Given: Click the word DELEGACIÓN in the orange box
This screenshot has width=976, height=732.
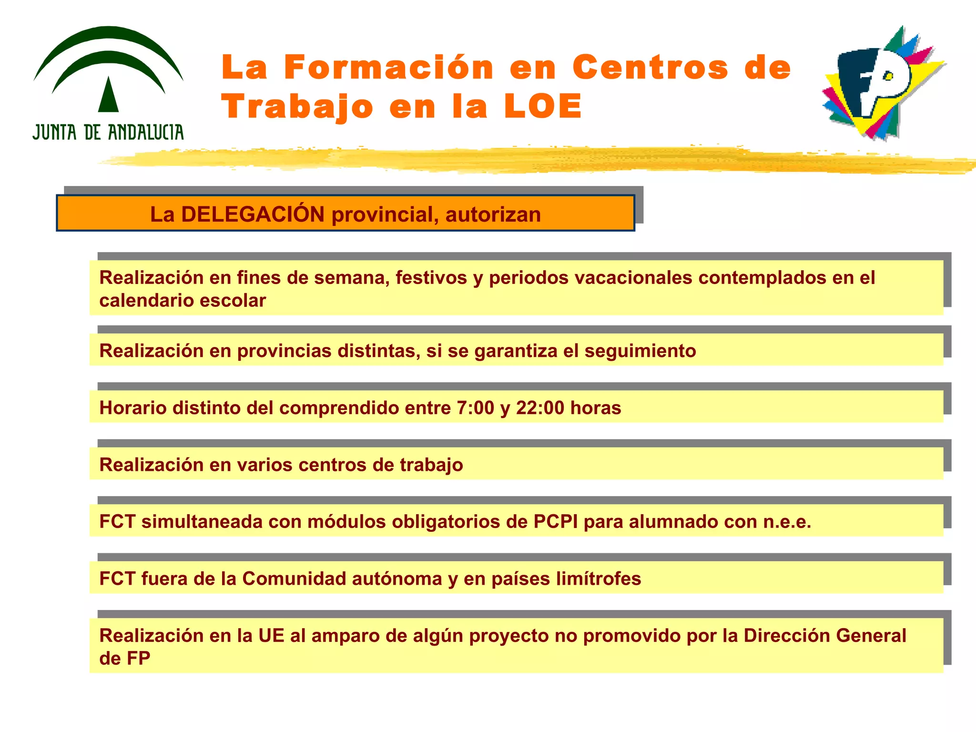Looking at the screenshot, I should (253, 214).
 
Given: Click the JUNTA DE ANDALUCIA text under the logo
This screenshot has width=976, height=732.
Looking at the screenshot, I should (108, 132).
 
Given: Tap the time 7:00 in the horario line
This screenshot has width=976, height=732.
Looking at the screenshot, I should (475, 408).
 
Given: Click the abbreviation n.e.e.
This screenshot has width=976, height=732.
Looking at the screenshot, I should (787, 522).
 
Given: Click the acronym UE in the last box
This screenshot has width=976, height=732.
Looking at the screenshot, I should (271, 636).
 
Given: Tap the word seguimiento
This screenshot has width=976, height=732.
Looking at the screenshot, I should (640, 351).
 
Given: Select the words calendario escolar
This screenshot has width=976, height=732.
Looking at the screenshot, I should (183, 301).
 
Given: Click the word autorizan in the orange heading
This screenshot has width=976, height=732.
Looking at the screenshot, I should (493, 214).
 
